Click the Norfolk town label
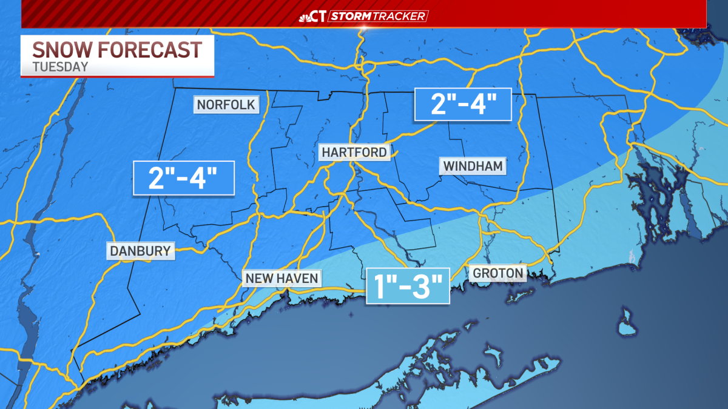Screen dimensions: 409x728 coord(226,105)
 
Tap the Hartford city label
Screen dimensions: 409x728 coord(354,152)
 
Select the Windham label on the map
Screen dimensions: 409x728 coord(473,165)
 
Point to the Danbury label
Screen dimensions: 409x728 coord(140,250)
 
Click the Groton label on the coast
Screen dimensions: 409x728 coord(497,273)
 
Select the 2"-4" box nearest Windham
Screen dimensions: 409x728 coord(463,105)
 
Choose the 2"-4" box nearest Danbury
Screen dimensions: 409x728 coord(184,178)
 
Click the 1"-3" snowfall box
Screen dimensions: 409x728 coord(407,285)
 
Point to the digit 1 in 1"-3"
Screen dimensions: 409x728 coord(379,286)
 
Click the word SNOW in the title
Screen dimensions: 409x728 coord(59,50)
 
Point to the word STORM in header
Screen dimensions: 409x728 coord(351,16)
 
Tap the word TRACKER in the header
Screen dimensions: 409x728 coord(401,16)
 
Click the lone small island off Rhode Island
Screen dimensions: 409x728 coord(625,322)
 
